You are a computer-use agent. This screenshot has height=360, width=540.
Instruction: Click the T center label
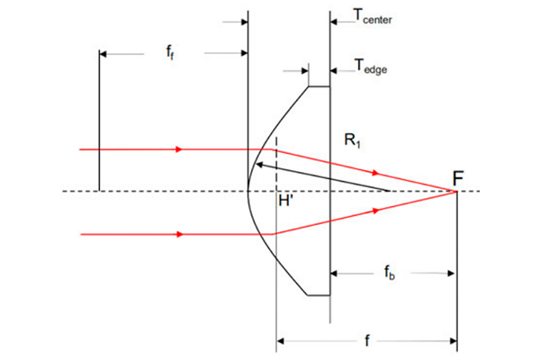coord(373,16)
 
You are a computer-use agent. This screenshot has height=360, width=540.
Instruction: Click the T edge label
coord(371,66)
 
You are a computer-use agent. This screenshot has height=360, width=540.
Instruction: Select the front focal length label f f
coord(170,52)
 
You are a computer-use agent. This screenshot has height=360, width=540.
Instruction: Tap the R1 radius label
coord(352,140)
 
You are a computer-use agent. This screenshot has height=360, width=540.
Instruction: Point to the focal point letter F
coord(458,178)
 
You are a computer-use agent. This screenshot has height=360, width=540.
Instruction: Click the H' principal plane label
coord(285,200)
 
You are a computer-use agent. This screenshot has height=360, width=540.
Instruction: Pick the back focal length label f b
coord(390,273)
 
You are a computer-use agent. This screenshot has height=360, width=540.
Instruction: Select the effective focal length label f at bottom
coord(367,341)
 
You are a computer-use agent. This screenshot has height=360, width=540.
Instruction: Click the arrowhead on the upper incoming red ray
coord(179,149)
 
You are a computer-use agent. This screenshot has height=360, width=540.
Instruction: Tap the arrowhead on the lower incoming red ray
coord(179,234)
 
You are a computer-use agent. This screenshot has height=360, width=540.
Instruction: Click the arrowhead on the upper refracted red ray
coord(375,173)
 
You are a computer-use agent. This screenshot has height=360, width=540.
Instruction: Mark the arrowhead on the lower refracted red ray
coord(376,211)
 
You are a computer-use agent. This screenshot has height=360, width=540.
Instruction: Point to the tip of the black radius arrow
coord(256,164)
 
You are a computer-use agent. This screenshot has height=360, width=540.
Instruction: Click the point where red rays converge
coord(456,191)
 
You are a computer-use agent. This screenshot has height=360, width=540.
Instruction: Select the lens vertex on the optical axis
coord(248,191)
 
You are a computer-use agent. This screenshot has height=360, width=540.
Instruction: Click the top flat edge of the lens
coord(319,86)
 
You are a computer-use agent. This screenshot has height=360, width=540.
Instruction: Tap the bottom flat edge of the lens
coord(319,295)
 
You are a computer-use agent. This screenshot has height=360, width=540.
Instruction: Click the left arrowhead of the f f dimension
coord(103,54)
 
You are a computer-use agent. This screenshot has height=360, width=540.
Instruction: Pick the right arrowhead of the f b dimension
coord(451,274)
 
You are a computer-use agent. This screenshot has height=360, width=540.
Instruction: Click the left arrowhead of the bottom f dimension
coord(280,341)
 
